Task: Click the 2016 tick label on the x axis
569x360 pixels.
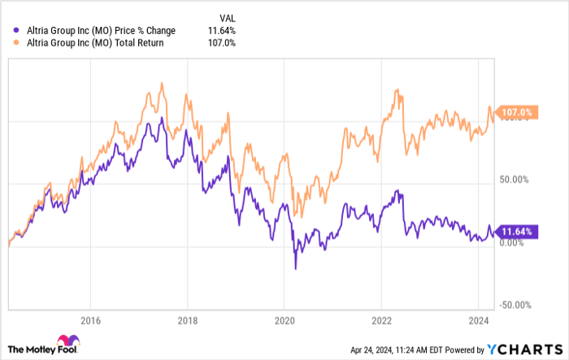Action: [x=90, y=319]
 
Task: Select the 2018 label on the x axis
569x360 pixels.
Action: [x=188, y=319]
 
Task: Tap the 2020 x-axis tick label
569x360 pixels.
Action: [x=284, y=319]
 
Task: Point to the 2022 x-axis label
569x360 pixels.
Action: [x=382, y=319]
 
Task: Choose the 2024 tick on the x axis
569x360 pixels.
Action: [x=479, y=319]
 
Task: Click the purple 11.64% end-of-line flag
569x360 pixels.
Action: [x=517, y=232]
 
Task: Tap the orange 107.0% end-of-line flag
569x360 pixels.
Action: [x=517, y=112]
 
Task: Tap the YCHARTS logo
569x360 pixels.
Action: [x=525, y=349]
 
